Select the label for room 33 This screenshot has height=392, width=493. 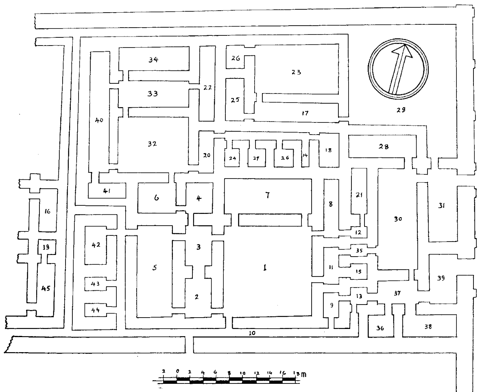pyautogui.click(x=153, y=93)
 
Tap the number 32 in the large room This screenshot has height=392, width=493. pyautogui.click(x=153, y=144)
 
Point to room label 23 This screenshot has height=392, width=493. pyautogui.click(x=296, y=72)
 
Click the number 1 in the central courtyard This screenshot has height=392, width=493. pyautogui.click(x=265, y=268)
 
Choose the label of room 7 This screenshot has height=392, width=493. pyautogui.click(x=267, y=195)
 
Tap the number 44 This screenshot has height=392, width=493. pyautogui.click(x=96, y=310)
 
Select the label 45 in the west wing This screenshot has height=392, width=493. pyautogui.click(x=45, y=288)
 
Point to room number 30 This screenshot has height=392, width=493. pyautogui.click(x=398, y=219)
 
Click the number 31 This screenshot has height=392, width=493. pyautogui.click(x=442, y=206)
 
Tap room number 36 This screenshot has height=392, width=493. pyautogui.click(x=380, y=327)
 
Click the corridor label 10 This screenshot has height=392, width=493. pyautogui.click(x=252, y=333)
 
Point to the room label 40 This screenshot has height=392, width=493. pyautogui.click(x=99, y=120)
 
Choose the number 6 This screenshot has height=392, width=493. pyautogui.click(x=157, y=198)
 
